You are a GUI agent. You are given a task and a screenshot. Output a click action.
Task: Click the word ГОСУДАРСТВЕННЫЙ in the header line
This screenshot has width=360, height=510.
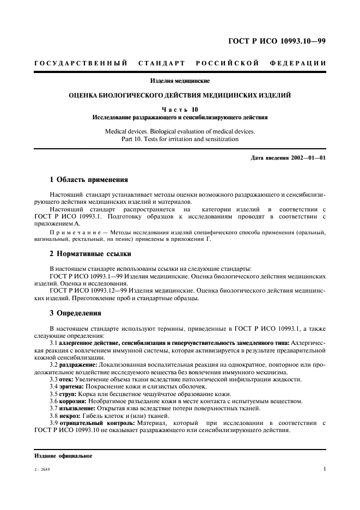81,64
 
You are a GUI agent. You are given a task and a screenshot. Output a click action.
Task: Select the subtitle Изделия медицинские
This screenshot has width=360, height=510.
180,81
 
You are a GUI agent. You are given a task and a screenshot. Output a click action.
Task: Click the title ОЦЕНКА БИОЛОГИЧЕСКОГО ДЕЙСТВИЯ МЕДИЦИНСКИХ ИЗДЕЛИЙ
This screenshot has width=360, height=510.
180,95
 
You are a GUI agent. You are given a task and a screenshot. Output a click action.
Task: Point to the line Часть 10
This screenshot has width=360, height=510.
180,109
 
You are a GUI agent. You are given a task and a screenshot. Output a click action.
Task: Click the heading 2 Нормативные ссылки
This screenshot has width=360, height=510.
90,254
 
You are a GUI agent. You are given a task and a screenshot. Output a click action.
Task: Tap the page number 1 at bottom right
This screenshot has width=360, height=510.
324,468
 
